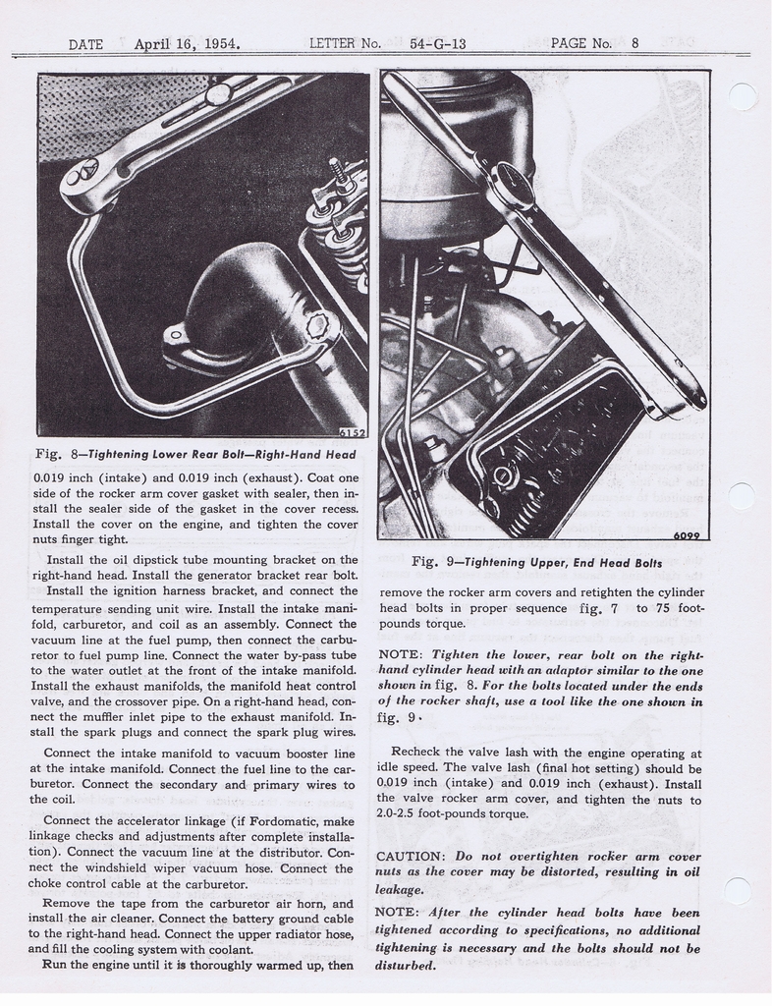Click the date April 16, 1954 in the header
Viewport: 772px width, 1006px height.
tap(188, 43)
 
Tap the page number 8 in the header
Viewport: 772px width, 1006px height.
tap(635, 43)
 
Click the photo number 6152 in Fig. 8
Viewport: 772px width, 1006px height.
tap(352, 431)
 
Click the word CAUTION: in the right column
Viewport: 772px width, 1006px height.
tap(413, 856)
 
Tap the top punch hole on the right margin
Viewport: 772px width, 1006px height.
tap(743, 96)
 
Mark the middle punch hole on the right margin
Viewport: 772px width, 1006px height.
tap(742, 495)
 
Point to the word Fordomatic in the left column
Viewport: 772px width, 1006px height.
tap(269, 820)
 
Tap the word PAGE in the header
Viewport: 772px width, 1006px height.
tap(569, 43)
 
